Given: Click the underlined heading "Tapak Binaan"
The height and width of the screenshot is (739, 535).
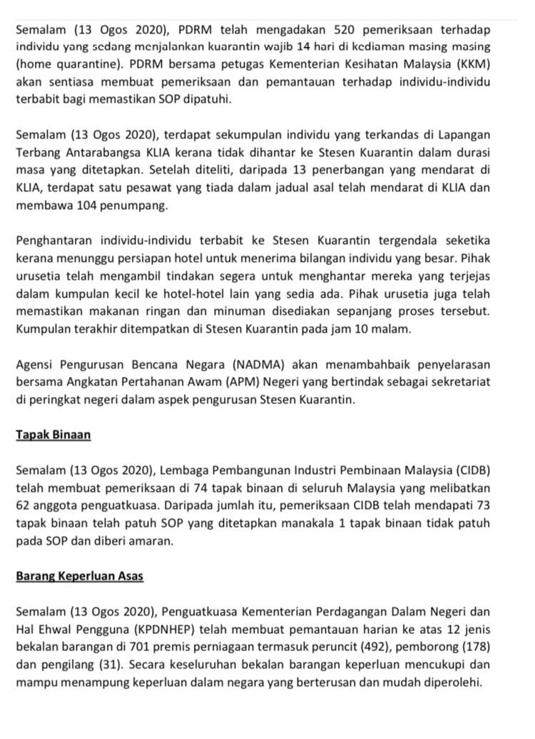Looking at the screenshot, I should point(53,435).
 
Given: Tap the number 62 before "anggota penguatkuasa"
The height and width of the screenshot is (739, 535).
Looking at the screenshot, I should point(24,506).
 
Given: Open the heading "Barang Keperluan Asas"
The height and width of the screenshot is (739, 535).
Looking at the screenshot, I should point(79,575).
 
